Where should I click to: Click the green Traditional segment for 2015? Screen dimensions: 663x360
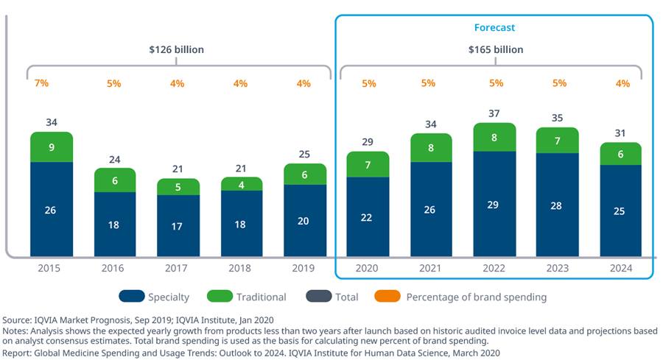(52, 147)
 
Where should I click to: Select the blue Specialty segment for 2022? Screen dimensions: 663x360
(494, 204)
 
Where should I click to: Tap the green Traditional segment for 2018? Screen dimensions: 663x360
(242, 184)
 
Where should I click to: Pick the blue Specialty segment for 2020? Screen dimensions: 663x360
(368, 216)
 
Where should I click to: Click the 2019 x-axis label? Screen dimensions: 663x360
(304, 268)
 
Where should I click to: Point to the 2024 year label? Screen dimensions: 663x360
(621, 268)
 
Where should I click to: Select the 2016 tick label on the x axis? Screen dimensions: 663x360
(113, 268)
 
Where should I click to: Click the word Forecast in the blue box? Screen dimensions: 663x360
(494, 27)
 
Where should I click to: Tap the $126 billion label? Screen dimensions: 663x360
(176, 49)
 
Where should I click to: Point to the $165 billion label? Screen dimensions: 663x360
(496, 49)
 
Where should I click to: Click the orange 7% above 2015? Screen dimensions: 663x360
(41, 82)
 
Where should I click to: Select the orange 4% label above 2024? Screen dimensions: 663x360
(622, 83)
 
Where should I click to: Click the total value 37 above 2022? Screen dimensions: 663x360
(494, 113)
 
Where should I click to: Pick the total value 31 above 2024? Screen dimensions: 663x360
(620, 133)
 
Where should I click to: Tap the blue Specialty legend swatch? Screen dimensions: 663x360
(132, 296)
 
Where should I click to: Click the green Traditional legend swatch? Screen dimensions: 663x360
(220, 296)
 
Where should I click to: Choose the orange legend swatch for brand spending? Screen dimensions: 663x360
(387, 296)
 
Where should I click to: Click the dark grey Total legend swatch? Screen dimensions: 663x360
(319, 296)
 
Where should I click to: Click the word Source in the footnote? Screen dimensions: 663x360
(16, 320)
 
